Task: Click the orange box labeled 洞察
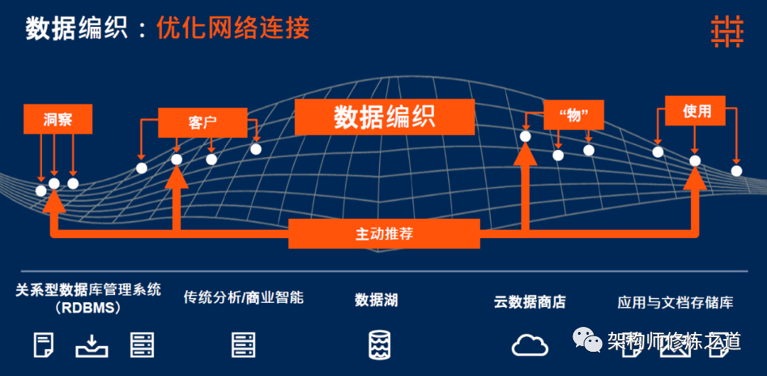(58, 119)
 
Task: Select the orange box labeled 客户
(202, 123)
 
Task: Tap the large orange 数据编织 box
(384, 117)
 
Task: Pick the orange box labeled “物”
(573, 115)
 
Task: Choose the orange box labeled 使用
(695, 111)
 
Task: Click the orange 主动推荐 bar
(384, 234)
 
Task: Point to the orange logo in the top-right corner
(727, 31)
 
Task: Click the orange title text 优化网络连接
(233, 28)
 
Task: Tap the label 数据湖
(376, 300)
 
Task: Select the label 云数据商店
(529, 301)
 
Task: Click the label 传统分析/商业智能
(244, 297)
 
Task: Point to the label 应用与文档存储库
(675, 302)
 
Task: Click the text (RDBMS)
(88, 308)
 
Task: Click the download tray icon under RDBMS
(92, 346)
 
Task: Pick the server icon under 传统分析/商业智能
(243, 345)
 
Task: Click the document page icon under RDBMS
(43, 345)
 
